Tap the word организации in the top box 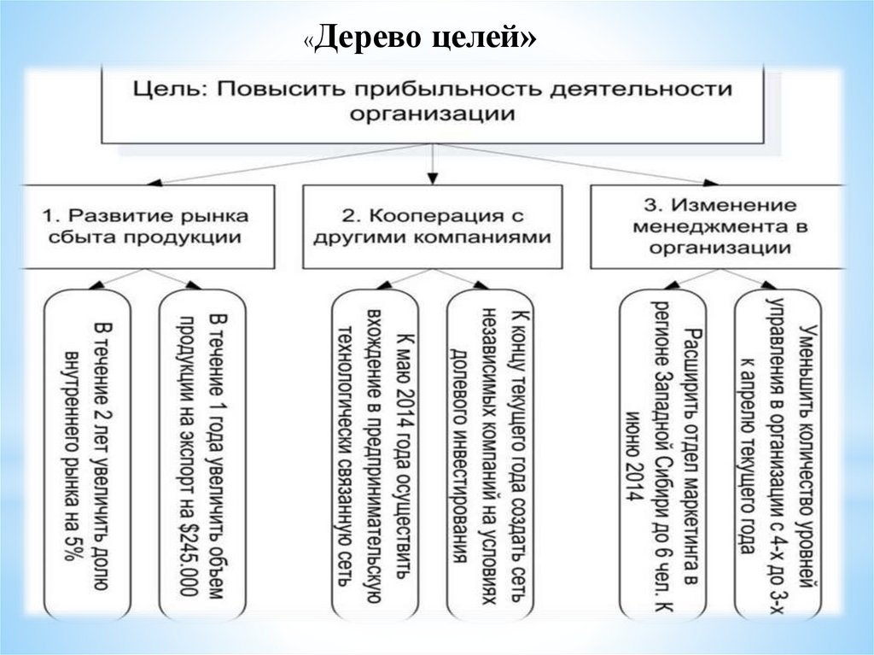433,114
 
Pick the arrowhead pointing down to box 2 434,178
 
